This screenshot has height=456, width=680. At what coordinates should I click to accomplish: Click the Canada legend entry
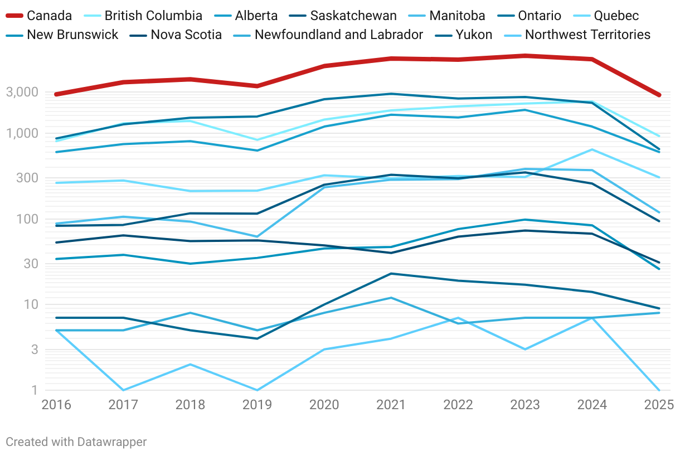49,16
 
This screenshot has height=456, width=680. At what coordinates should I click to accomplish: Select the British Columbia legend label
153,16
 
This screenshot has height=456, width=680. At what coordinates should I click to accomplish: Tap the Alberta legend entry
256,16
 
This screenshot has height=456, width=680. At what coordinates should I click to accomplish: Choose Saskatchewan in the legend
353,16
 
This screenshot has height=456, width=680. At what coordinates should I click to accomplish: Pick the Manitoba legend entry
457,16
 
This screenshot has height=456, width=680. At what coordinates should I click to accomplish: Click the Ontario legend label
540,16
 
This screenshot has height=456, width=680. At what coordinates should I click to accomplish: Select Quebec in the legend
616,16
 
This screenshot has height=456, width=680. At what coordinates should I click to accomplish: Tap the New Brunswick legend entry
72,35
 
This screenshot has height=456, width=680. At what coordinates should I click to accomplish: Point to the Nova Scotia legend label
186,35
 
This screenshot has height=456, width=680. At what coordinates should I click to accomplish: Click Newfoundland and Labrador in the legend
338,35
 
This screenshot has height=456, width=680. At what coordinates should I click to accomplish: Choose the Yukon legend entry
474,35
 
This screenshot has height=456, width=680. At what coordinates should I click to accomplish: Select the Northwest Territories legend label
587,35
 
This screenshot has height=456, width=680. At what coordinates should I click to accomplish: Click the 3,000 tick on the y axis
22,93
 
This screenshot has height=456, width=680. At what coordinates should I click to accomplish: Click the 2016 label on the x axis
56,405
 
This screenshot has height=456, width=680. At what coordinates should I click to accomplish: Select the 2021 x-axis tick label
391,405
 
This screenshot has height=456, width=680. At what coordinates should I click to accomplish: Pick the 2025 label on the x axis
659,405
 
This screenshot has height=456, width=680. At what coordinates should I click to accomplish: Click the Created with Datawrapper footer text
76,442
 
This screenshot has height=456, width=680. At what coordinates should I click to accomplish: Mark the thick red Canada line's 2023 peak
524,56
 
